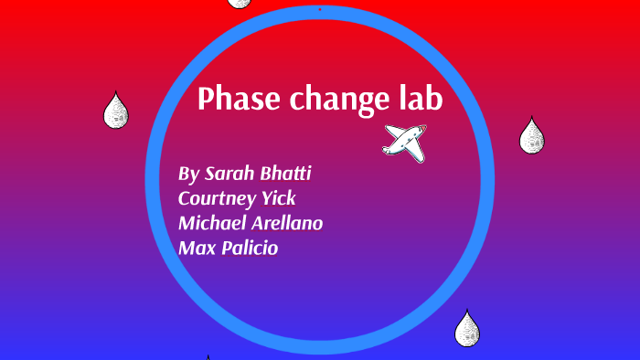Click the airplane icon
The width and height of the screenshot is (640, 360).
tap(404, 142)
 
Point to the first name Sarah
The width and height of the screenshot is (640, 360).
tap(230, 174)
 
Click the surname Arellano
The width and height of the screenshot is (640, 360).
tap(290, 222)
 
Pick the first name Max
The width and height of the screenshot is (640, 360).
tap(195, 247)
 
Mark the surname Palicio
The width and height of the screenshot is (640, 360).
tap(246, 247)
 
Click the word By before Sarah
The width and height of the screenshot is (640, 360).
tap(188, 175)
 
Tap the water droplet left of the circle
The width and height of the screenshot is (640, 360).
tap(115, 111)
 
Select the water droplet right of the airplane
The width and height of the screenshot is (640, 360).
tap(531, 137)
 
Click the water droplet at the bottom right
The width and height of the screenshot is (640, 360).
tap(467, 329)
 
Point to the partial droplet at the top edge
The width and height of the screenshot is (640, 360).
tap(240, 3)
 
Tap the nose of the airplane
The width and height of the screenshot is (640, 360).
tap(422, 132)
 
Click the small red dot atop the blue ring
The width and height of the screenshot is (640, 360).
tap(319, 9)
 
